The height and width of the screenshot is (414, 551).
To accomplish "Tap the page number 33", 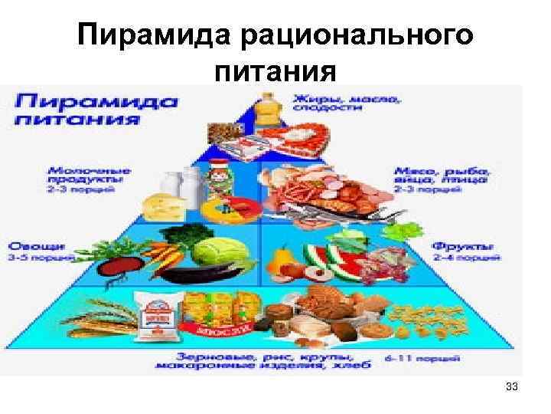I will pyautogui.click(x=512, y=388).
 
